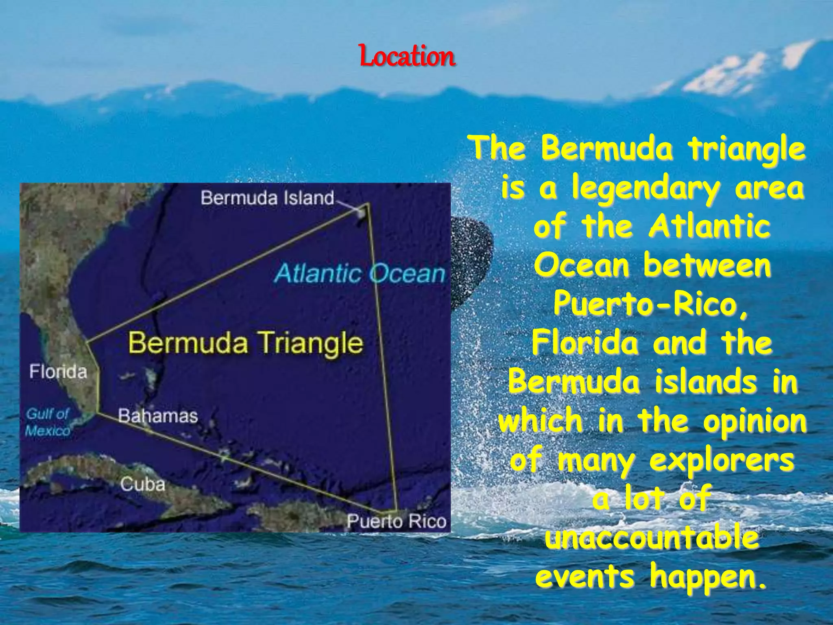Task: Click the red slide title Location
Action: click(407, 57)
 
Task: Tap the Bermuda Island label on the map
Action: click(267, 198)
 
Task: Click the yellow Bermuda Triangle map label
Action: click(246, 343)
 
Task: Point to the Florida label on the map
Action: click(58, 372)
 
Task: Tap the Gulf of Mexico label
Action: click(48, 422)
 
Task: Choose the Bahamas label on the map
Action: click(158, 416)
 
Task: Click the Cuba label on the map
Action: click(143, 484)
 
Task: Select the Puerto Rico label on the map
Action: click(397, 521)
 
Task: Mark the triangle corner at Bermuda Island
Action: click(368, 203)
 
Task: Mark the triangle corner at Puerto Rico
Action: click(395, 511)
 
